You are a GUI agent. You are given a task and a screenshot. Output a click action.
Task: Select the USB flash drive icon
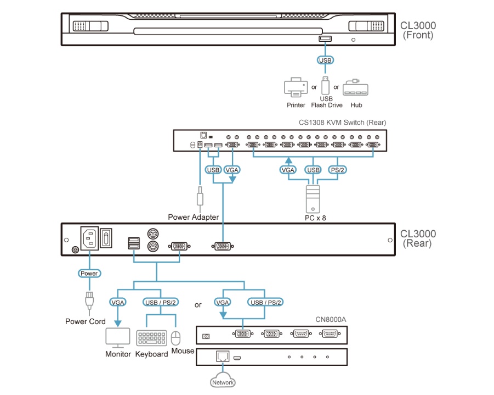point(326,86)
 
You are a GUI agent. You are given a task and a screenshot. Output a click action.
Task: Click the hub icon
point(356,89)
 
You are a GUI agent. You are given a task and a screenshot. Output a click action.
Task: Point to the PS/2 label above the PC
point(337,170)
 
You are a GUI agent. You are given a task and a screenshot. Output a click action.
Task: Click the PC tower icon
point(313,198)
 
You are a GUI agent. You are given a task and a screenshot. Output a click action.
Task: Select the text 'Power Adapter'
point(193,217)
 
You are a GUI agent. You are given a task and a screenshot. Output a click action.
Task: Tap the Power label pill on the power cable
point(89,273)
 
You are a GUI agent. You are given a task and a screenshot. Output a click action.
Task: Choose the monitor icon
point(118,337)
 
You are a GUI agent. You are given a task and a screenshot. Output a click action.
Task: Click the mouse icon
point(176,337)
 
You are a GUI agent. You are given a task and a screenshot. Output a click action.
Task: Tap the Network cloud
point(223,382)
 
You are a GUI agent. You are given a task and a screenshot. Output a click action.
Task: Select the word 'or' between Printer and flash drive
point(314,87)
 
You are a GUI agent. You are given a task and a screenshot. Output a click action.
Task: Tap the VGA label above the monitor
point(118,302)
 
